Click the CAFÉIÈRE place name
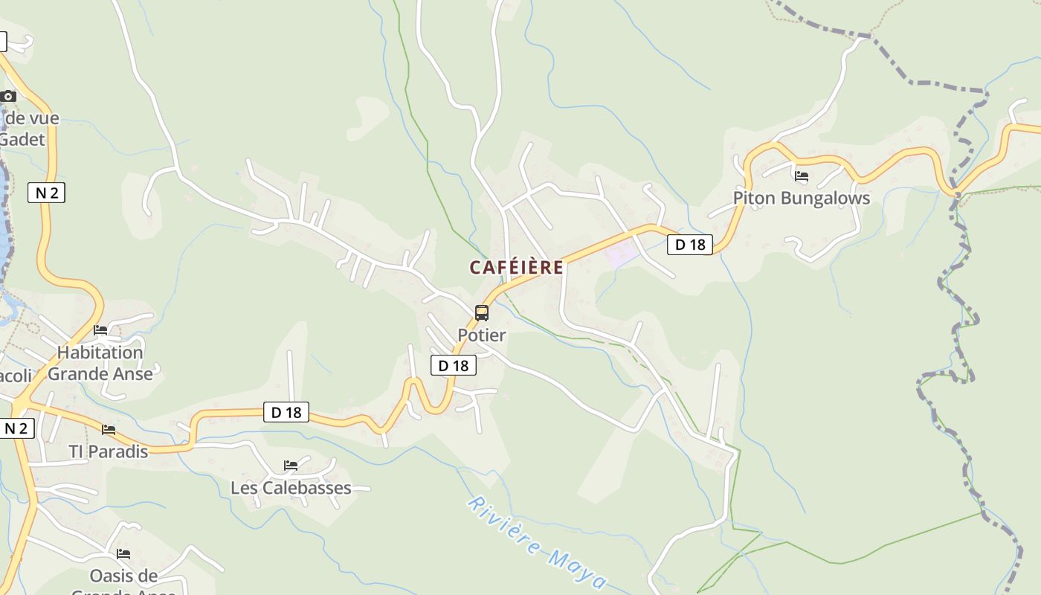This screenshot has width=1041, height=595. pos(516,268)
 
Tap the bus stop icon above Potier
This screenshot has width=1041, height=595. pos(482,313)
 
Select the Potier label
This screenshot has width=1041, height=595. pos(482,335)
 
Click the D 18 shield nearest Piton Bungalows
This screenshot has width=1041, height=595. pos(689,244)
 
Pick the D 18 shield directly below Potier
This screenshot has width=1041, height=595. pos(453,365)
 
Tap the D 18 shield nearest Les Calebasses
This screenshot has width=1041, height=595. pos(286,412)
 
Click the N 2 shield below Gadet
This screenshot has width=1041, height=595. pos(46,193)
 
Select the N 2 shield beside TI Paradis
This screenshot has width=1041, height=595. pos(16,428)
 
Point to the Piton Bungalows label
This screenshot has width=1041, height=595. pos(801,199)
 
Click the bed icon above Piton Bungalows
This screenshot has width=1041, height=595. pos(802,177)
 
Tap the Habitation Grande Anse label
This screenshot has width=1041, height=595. pos(100,363)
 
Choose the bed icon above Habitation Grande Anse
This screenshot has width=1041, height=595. pos(100,330)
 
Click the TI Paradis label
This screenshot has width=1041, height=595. pos(109,451)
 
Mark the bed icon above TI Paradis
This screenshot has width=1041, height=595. pos(109,430)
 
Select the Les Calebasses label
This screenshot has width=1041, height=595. pos(291,488)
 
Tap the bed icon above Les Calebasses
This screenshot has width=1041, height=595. pos(291,466)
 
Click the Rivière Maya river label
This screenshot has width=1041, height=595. pos(537,543)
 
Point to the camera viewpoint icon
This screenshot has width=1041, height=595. pos(8,97)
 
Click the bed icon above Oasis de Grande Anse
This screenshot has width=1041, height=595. pos(123,554)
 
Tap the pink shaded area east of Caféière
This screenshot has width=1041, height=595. pos(622,254)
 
